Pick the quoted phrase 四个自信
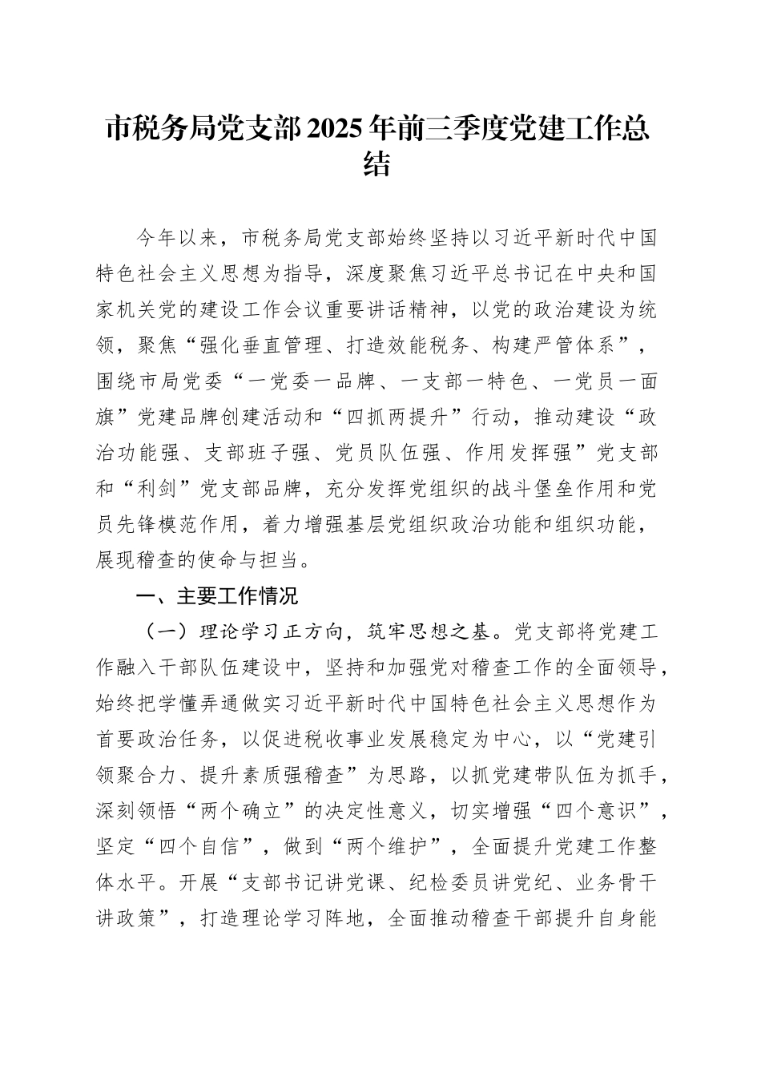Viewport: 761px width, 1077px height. [x=192, y=847]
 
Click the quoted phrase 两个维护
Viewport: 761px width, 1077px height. [x=389, y=847]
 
